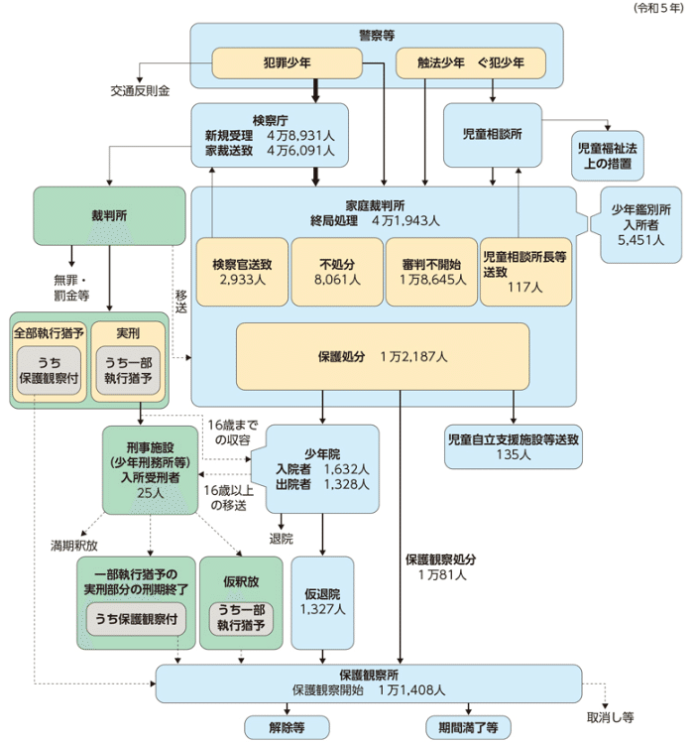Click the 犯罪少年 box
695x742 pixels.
click(288, 64)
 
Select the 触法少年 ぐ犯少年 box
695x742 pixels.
click(471, 64)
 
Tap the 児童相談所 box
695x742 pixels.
click(493, 132)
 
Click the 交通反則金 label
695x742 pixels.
click(140, 90)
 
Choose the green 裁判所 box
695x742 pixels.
click(108, 215)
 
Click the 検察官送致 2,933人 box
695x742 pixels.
click(241, 272)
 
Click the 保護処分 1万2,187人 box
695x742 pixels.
click(384, 355)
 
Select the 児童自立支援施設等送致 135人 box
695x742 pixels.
click(513, 444)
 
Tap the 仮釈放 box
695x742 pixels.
click(242, 602)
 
